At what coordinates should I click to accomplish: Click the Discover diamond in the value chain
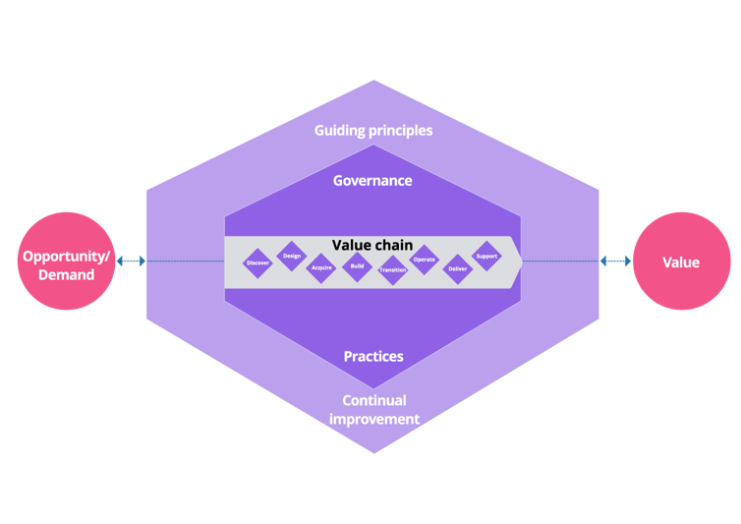click(258, 262)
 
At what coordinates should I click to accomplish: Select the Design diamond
click(292, 256)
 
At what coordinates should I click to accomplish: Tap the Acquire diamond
click(321, 267)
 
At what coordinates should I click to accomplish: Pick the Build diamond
click(357, 266)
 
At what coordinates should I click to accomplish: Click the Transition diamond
click(392, 269)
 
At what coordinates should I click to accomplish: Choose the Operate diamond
click(424, 260)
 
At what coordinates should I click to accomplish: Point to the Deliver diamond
click(458, 268)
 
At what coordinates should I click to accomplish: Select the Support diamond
click(486, 256)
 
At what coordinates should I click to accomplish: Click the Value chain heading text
click(372, 245)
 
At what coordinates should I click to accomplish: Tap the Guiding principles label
click(373, 130)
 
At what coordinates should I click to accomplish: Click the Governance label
click(372, 181)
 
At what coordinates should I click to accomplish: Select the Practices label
click(373, 356)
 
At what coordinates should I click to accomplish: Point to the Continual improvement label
click(373, 410)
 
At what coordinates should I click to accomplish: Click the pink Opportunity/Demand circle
click(67, 262)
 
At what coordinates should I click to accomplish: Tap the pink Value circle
click(681, 262)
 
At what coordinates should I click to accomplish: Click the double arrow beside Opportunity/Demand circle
click(131, 262)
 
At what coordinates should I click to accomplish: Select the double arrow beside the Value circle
click(616, 262)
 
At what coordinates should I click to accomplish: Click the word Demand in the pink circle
click(67, 274)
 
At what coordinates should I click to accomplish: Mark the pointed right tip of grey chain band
click(519, 262)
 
